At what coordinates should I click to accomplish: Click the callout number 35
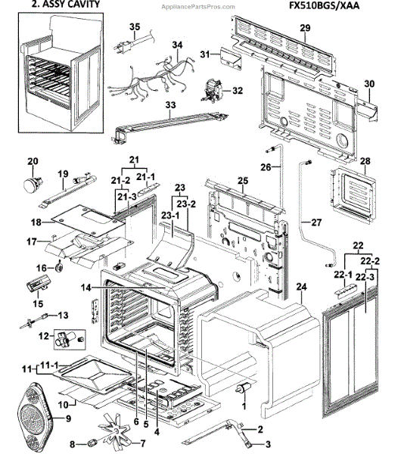pos(135,28)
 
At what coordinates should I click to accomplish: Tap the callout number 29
pos(305,28)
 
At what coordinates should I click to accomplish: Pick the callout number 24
pos(301,287)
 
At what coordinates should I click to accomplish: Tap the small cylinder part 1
pos(245,387)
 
